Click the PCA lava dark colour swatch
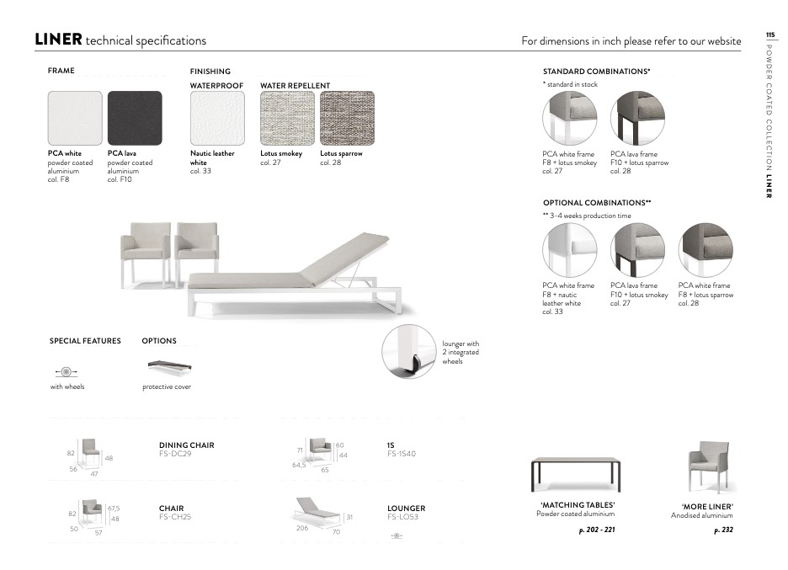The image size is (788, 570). coord(135,118)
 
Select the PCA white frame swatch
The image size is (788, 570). coord(75,118)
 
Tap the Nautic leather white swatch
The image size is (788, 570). coord(217,118)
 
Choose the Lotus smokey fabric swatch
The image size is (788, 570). coord(287,118)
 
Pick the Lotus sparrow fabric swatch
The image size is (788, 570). coord(347,118)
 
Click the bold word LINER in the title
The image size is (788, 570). coord(58,40)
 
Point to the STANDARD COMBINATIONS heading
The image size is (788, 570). coord(597,72)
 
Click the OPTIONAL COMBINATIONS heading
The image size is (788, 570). coord(597,203)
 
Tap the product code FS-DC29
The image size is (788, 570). coord(175,453)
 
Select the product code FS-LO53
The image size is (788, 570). coord(402,517)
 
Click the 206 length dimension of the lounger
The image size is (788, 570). coord(302,528)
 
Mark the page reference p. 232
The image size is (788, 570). coord(724,530)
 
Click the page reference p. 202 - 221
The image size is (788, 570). coord(597,530)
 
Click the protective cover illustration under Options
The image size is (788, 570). coord(169,366)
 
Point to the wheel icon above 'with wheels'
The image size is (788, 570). coord(67,372)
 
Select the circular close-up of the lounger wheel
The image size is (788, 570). coord(408,351)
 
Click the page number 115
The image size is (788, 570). coord(770,35)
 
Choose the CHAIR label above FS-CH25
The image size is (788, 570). coord(172,509)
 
